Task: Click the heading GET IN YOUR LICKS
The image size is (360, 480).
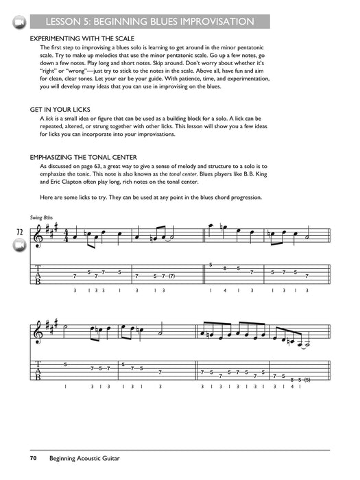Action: point(60,109)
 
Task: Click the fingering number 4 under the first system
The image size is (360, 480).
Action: point(225,291)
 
